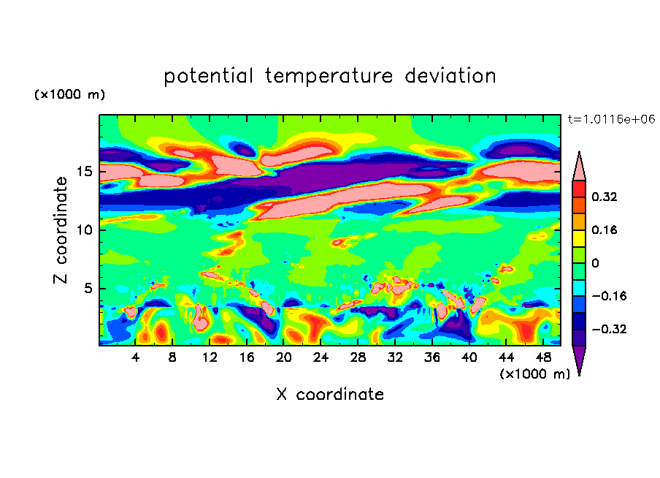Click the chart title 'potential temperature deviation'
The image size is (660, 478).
[330, 76]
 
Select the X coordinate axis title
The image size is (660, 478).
[330, 394]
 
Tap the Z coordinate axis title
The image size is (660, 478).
[61, 229]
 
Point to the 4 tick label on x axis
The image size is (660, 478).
[136, 357]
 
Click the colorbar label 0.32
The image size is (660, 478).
[605, 197]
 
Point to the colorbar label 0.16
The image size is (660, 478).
[605, 229]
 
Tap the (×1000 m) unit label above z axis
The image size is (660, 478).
[70, 95]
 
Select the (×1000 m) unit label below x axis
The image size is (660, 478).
[535, 373]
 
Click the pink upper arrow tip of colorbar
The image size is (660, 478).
[579, 164]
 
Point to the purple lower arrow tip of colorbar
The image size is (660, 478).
[579, 361]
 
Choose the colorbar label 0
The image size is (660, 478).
[595, 263]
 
